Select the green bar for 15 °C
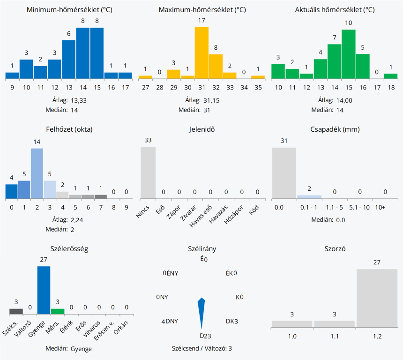pos(349,54)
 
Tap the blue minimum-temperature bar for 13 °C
pos(69,59)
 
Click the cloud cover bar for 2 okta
pos(37,173)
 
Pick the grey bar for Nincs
pos(148,172)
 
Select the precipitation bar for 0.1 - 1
pos(309,196)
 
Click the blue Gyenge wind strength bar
pos(44,290)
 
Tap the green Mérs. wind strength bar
pos(58,311)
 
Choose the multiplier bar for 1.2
pos(377,298)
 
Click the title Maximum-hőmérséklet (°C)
pos(202,10)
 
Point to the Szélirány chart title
pos(201,249)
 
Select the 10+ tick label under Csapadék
pos(380,207)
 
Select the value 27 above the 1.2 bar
pos(377,262)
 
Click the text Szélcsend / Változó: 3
pos(202,348)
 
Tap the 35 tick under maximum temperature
pos(258,87)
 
